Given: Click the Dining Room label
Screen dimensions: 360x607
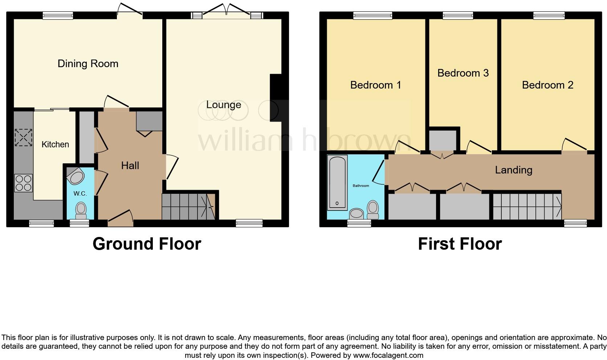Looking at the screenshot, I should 88,64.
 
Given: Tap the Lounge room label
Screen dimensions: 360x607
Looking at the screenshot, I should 224,105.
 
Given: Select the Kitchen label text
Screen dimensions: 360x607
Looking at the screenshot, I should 55,144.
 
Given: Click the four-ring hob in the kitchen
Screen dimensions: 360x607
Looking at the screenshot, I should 23,183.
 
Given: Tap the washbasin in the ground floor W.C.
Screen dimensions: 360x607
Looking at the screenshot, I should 77,177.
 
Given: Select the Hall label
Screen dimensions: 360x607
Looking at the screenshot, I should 130,166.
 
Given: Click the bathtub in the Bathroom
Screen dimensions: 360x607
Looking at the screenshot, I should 337,183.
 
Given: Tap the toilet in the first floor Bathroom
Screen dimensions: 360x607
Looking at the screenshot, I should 373,208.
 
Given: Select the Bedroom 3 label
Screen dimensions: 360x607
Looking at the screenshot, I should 463,73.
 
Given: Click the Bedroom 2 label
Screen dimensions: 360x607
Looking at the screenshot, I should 547,85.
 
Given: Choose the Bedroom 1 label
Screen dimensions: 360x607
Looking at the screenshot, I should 375,85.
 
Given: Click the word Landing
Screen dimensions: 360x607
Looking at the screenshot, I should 513,170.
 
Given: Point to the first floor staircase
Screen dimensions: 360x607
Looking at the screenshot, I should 526,207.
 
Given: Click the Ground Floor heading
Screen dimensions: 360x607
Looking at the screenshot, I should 147,244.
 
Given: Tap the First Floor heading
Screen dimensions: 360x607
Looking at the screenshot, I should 460,244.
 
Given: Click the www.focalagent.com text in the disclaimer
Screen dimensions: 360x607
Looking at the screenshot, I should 388,355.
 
